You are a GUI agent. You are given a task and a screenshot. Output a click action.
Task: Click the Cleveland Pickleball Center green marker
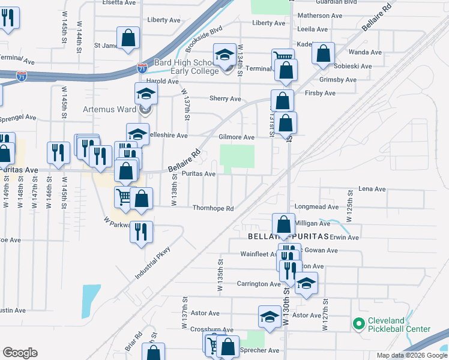pyautogui.click(x=359, y=325)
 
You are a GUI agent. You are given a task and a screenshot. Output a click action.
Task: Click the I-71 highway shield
pyautogui.click(x=142, y=69)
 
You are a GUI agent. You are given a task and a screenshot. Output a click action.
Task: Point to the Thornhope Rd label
pyautogui.click(x=212, y=208)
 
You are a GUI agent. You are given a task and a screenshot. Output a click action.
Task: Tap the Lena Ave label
pyautogui.click(x=372, y=189)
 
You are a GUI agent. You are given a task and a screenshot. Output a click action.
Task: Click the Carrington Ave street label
pyautogui.click(x=258, y=284)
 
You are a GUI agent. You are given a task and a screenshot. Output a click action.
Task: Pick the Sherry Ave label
pyautogui.click(x=225, y=98)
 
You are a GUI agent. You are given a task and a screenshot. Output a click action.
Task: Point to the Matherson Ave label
pyautogui.click(x=322, y=16)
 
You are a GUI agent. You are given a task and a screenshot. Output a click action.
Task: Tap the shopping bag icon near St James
pyautogui.click(x=128, y=38)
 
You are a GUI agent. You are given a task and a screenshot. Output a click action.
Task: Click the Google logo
pyautogui.click(x=20, y=353)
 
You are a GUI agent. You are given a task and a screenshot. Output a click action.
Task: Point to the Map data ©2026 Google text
pyautogui.click(x=411, y=355)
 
